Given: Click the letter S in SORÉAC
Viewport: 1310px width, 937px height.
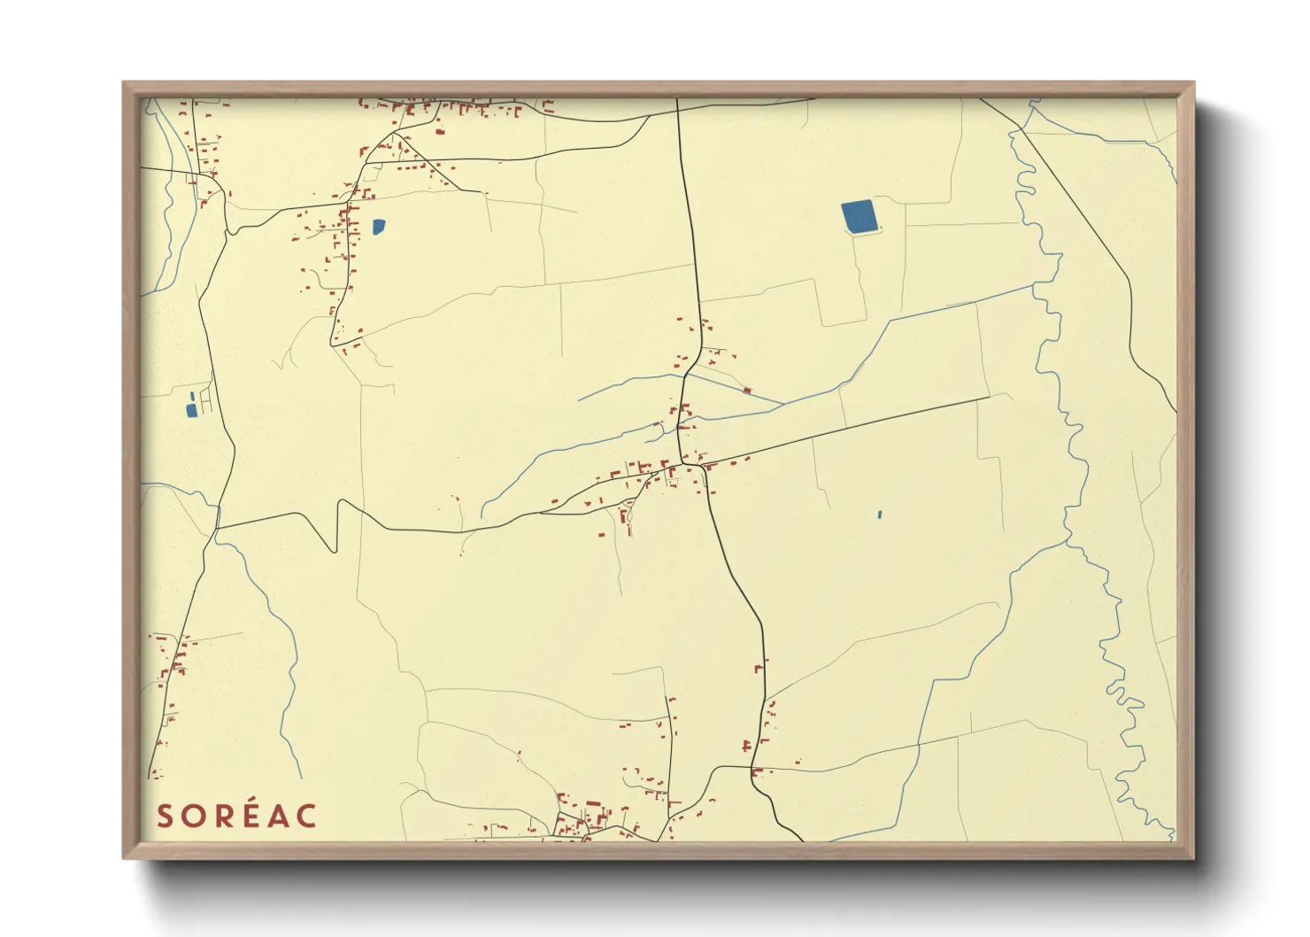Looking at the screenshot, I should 165,816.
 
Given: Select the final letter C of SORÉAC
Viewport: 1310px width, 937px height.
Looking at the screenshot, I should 306,816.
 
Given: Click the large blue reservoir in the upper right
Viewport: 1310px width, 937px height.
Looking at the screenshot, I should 858,217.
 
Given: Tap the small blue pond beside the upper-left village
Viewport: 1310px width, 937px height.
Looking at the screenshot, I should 379,226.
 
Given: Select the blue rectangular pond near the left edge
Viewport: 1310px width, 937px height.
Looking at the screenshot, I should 190,409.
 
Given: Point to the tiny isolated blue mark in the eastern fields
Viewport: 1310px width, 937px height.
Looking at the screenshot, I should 880,514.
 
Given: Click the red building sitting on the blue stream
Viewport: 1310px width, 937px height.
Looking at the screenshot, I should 747,390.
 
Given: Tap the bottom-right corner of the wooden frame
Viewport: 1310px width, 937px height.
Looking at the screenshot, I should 1192,857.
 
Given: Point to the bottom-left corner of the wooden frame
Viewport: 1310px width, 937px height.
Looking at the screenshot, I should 125,857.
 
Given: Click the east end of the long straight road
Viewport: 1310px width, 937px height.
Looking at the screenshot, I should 989,398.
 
